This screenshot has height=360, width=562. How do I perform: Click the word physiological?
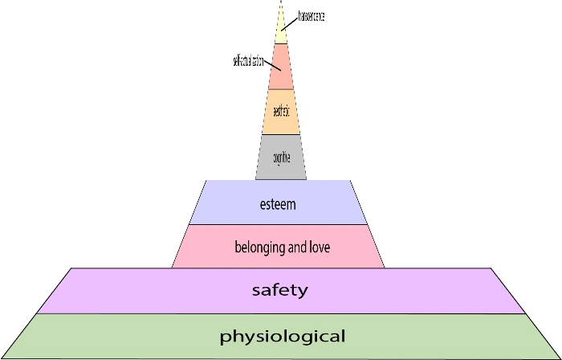283,336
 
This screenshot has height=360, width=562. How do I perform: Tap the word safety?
279,290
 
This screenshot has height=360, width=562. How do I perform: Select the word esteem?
279,204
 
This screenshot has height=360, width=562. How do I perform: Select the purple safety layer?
120,290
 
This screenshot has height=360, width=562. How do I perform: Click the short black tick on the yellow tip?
285,27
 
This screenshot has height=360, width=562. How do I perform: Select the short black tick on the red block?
275,67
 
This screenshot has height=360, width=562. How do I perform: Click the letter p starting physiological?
224,337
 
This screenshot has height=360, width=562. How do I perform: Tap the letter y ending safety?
303,292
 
